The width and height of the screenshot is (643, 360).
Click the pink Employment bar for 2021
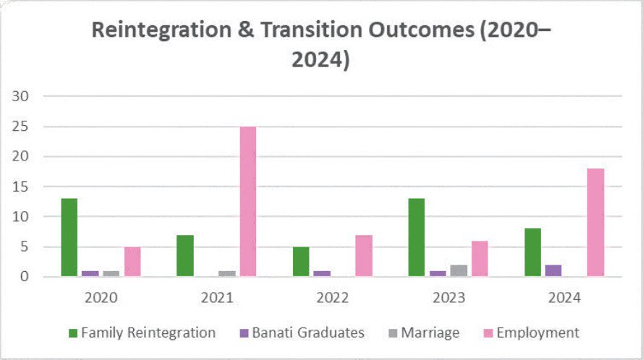248,202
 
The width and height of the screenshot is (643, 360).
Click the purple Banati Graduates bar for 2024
553,271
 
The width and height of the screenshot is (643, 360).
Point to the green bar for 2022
301,262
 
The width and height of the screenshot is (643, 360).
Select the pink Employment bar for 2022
364,256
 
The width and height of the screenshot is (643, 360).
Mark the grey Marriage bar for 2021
227,274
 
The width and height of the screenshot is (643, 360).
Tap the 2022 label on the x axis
333,296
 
